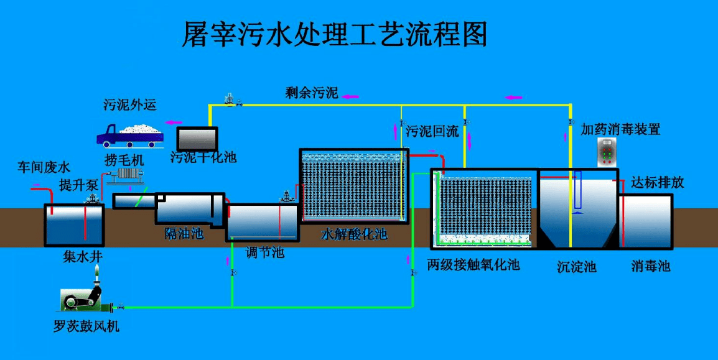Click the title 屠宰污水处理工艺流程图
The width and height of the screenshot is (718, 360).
point(334,35)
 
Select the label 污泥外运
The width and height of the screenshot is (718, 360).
point(130,104)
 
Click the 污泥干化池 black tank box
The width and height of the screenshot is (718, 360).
point(197,137)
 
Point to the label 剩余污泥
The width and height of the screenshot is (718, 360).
point(312,94)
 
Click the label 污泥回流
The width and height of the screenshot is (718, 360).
point(432,131)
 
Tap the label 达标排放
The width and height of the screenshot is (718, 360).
point(658,182)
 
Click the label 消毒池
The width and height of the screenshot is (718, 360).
point(651,267)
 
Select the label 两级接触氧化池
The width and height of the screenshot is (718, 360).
point(473,265)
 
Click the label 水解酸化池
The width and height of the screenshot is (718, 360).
point(354,234)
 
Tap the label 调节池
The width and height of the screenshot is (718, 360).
point(264,252)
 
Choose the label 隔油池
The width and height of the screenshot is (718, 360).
point(184,233)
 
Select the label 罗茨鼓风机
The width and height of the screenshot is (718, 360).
point(86,326)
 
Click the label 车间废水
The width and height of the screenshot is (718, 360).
point(44,167)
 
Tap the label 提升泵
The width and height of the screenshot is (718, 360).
point(78,185)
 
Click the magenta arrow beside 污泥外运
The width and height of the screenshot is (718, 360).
point(174,122)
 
